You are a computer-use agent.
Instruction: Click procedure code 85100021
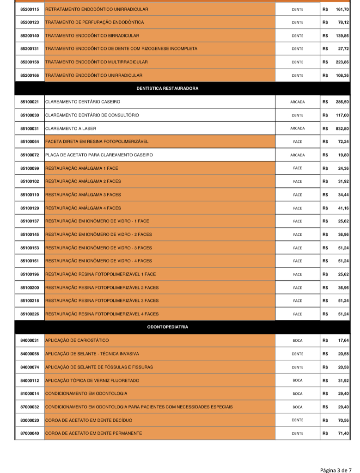[30, 102]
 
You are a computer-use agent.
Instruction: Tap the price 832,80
[342, 129]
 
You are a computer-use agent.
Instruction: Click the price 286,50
[342, 102]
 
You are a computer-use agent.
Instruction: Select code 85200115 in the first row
[30, 9]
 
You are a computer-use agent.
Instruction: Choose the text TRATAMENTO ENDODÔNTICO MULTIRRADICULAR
[97, 62]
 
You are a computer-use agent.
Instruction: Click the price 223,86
[342, 62]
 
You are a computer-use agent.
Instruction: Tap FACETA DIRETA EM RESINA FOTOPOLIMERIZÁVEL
[97, 141]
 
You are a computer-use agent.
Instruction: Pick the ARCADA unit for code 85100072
[298, 155]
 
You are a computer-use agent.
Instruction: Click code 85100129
[30, 208]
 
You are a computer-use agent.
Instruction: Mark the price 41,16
[343, 208]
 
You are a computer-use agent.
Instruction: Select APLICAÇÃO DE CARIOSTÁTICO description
[77, 340]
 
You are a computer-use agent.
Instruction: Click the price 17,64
[343, 340]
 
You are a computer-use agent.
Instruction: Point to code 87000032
[30, 407]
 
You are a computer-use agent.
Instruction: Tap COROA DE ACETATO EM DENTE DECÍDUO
[89, 420]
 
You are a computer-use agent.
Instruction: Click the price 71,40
[343, 433]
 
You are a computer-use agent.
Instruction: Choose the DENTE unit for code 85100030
[298, 115]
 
